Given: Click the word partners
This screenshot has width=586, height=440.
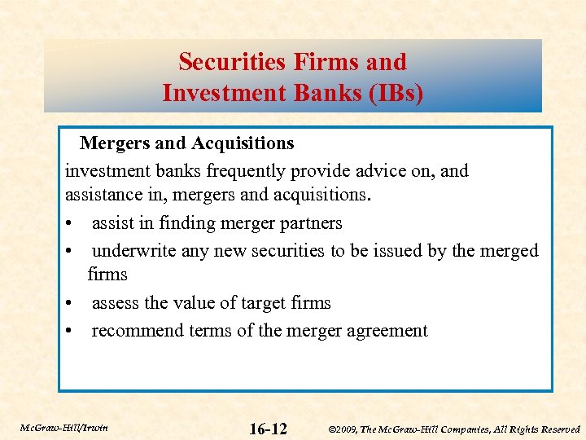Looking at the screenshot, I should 304,223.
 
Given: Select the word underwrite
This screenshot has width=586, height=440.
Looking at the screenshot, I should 134,250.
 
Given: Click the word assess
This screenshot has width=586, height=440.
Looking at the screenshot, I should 116,303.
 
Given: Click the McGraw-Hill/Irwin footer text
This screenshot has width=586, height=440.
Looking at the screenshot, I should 64,427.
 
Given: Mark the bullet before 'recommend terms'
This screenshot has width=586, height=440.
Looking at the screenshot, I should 72,331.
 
